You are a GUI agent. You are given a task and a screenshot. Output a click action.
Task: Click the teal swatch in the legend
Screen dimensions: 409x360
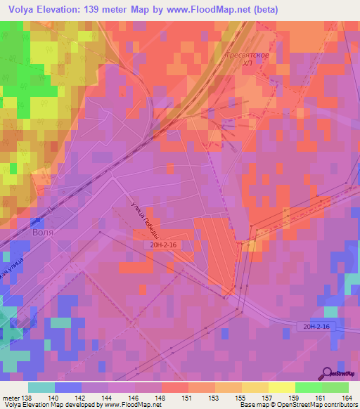tap(41, 387)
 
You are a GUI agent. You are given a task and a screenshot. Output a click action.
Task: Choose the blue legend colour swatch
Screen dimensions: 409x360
tap(68, 387)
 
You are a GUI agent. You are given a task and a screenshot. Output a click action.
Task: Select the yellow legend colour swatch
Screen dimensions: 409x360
tap(282, 387)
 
